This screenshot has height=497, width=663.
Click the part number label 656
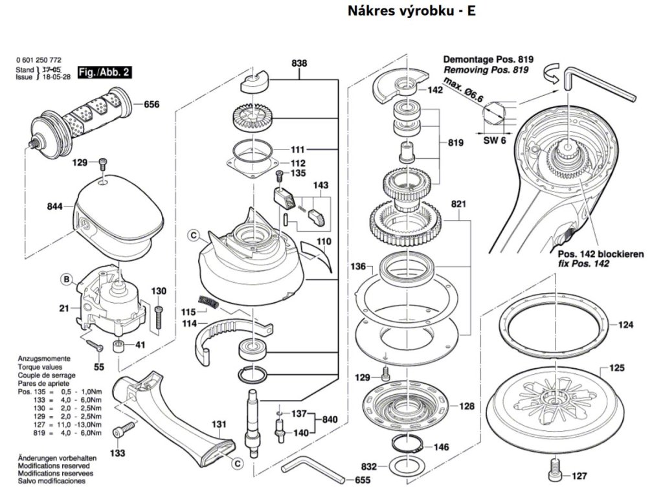tap(151, 104)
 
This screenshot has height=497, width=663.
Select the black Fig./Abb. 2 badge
tap(104, 72)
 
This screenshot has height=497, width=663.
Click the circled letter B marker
tap(66, 280)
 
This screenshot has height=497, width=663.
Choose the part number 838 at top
tap(299, 63)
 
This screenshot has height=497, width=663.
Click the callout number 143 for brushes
tap(320, 185)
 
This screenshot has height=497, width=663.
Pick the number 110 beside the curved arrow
tap(324, 241)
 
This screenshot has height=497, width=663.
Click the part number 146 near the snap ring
tap(441, 447)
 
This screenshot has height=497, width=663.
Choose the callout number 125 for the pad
tap(616, 368)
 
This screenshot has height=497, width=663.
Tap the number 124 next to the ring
tap(625, 325)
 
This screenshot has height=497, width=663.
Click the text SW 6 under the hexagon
tap(495, 140)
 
